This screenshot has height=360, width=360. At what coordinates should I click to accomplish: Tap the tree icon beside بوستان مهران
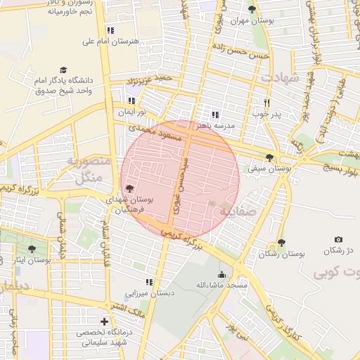coord(252,9)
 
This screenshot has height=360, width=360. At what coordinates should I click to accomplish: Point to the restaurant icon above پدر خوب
coord(266,101)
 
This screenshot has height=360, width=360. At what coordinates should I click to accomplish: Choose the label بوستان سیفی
coord(270,169)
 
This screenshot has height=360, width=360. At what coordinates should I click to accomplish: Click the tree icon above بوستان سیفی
coord(270,157)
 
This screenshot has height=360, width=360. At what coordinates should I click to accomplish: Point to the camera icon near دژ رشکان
coord(339,240)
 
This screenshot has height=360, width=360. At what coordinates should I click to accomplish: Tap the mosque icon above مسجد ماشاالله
coord(222,274)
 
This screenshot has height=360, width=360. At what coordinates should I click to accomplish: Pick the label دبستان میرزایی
coord(150,293)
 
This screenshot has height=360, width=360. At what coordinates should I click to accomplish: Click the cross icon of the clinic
coord(104,321)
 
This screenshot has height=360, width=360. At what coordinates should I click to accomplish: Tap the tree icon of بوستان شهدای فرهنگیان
coord(129,188)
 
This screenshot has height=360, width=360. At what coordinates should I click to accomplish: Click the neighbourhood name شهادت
coord(280,76)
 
